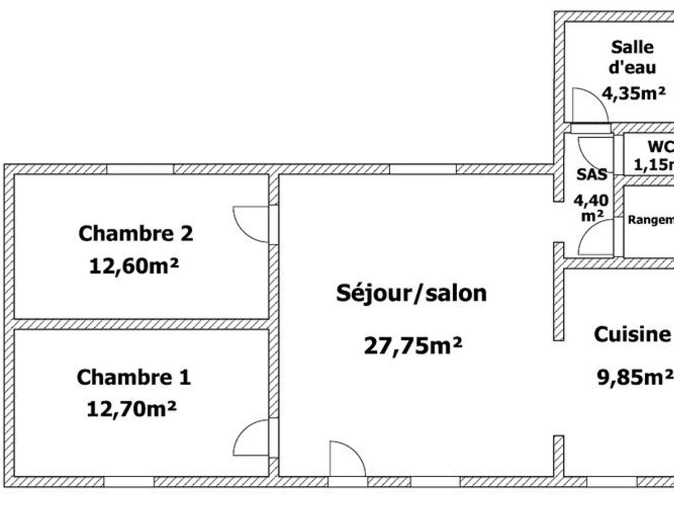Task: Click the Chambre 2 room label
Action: pyautogui.click(x=135, y=233)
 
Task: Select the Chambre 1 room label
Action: pyautogui.click(x=134, y=377)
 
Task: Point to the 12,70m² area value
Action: pyautogui.click(x=132, y=408)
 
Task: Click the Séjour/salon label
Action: pyautogui.click(x=411, y=293)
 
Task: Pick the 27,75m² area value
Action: pyautogui.click(x=413, y=345)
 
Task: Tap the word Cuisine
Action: pyautogui.click(x=632, y=334)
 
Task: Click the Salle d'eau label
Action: pyautogui.click(x=632, y=57)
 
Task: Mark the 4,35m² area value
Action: pyautogui.click(x=634, y=92)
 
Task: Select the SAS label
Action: pyautogui.click(x=592, y=174)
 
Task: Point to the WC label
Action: pyautogui.click(x=660, y=147)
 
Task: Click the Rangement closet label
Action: pyautogui.click(x=650, y=220)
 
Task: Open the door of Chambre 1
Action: pyautogui.click(x=252, y=437)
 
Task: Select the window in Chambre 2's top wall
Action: pyautogui.click(x=140, y=169)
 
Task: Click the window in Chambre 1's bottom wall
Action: pyautogui.click(x=129, y=482)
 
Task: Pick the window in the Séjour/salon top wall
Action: pyautogui.click(x=422, y=169)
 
